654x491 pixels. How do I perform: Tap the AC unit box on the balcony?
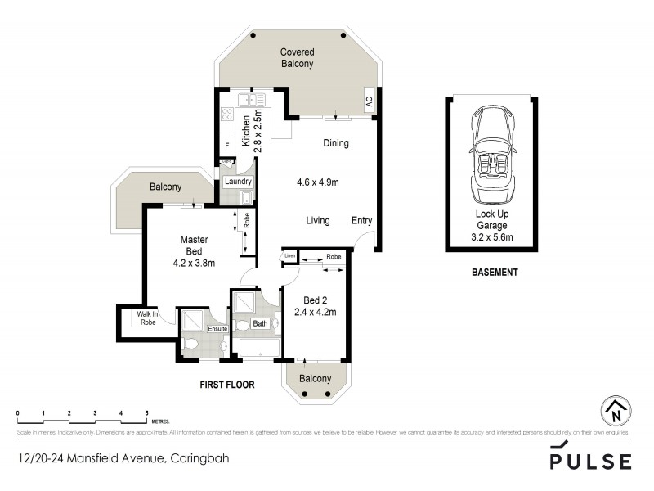pyautogui.click(x=369, y=102)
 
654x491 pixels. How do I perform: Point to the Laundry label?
pyautogui.click(x=238, y=182)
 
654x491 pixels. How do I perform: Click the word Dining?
pyautogui.click(x=335, y=143)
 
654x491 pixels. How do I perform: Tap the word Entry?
pyautogui.click(x=361, y=221)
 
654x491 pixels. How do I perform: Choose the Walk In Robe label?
pyautogui.click(x=147, y=318)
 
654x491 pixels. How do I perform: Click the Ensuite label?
pyautogui.click(x=217, y=329)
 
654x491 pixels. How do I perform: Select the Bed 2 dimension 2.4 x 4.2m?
pyautogui.click(x=315, y=312)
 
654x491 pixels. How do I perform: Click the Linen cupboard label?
pyautogui.click(x=289, y=257)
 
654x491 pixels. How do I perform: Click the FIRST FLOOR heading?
pyautogui.click(x=227, y=384)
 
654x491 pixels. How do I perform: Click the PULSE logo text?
pyautogui.click(x=589, y=458)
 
